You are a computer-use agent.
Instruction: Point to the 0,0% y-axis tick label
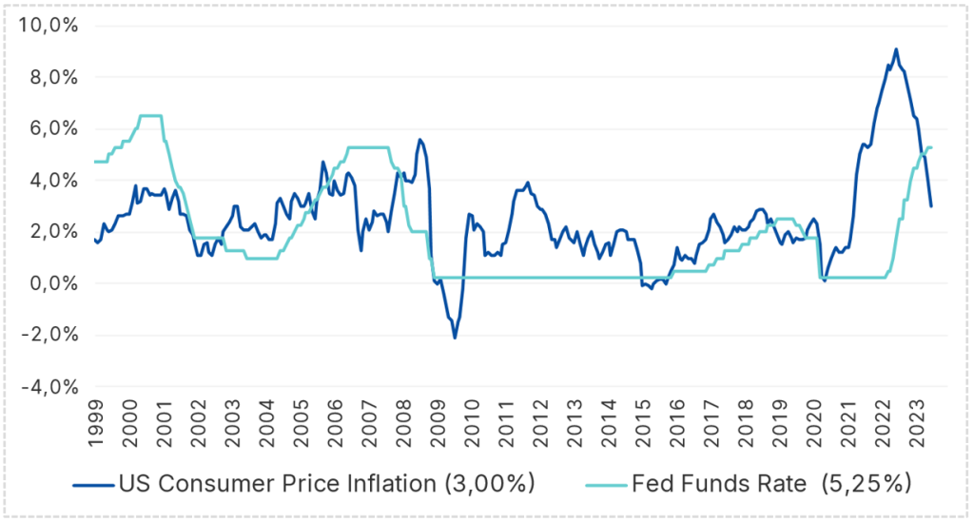(49, 283)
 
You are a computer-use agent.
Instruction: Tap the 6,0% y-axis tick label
(49, 128)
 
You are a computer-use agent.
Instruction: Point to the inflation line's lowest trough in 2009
(455, 338)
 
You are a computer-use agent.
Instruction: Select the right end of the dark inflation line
(931, 206)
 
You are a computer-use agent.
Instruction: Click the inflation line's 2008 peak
(419, 140)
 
